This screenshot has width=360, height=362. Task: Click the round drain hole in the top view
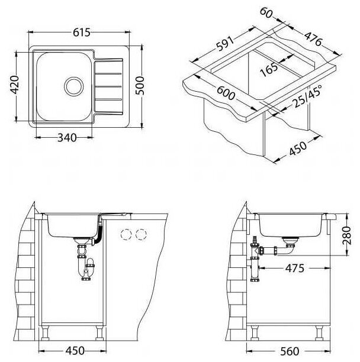click(75, 86)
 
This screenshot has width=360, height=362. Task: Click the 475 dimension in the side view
click(291, 268)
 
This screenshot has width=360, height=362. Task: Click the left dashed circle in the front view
click(126, 234)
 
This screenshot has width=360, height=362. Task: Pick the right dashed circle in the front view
click(140, 234)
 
